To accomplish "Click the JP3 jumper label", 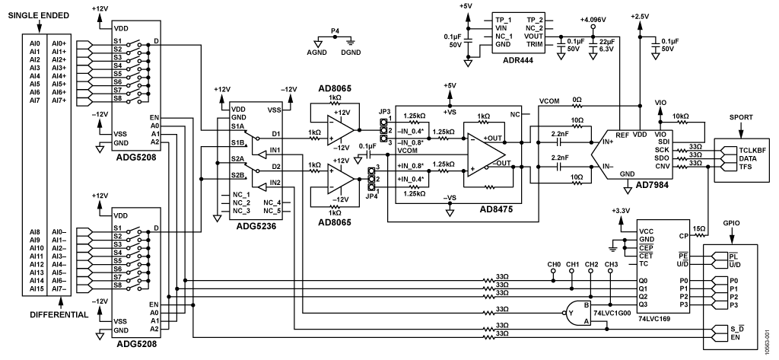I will (384, 112).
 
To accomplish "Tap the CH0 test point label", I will (554, 264).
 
